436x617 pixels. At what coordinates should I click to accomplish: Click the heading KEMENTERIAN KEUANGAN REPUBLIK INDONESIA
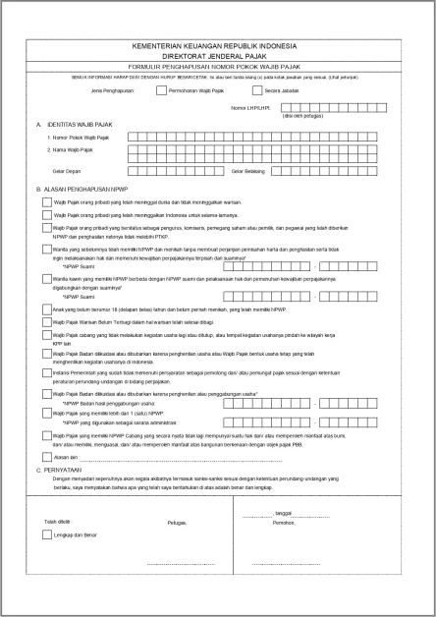pos(219,46)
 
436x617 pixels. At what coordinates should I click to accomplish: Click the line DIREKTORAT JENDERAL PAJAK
pos(219,56)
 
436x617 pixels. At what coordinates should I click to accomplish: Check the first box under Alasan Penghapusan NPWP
pos(47,201)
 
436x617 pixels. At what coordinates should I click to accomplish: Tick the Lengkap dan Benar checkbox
pos(47,535)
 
